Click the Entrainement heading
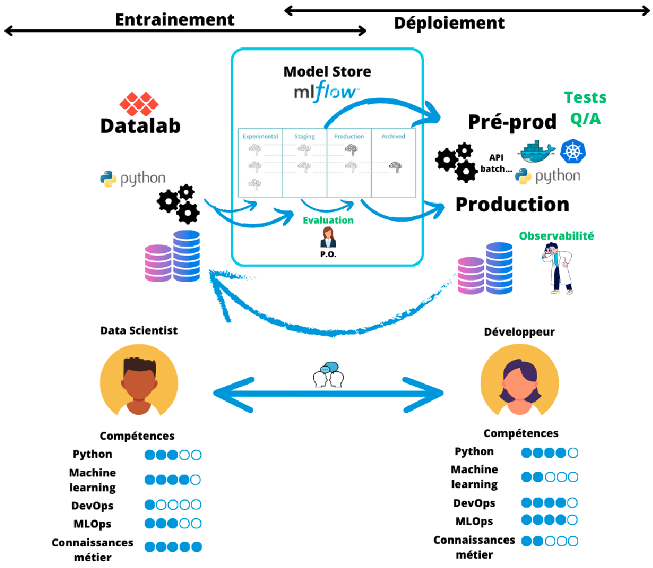coord(175,19)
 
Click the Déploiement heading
coord(449,23)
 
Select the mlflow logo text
coord(326,93)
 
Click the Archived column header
coord(393,136)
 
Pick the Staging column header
coord(304,136)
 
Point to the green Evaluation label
coord(328,220)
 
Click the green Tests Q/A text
coord(585,108)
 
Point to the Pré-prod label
coord(512,122)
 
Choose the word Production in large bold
coord(512,204)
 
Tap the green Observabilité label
coord(556,235)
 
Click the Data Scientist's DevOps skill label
coord(92,505)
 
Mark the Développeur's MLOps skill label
coord(473,521)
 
